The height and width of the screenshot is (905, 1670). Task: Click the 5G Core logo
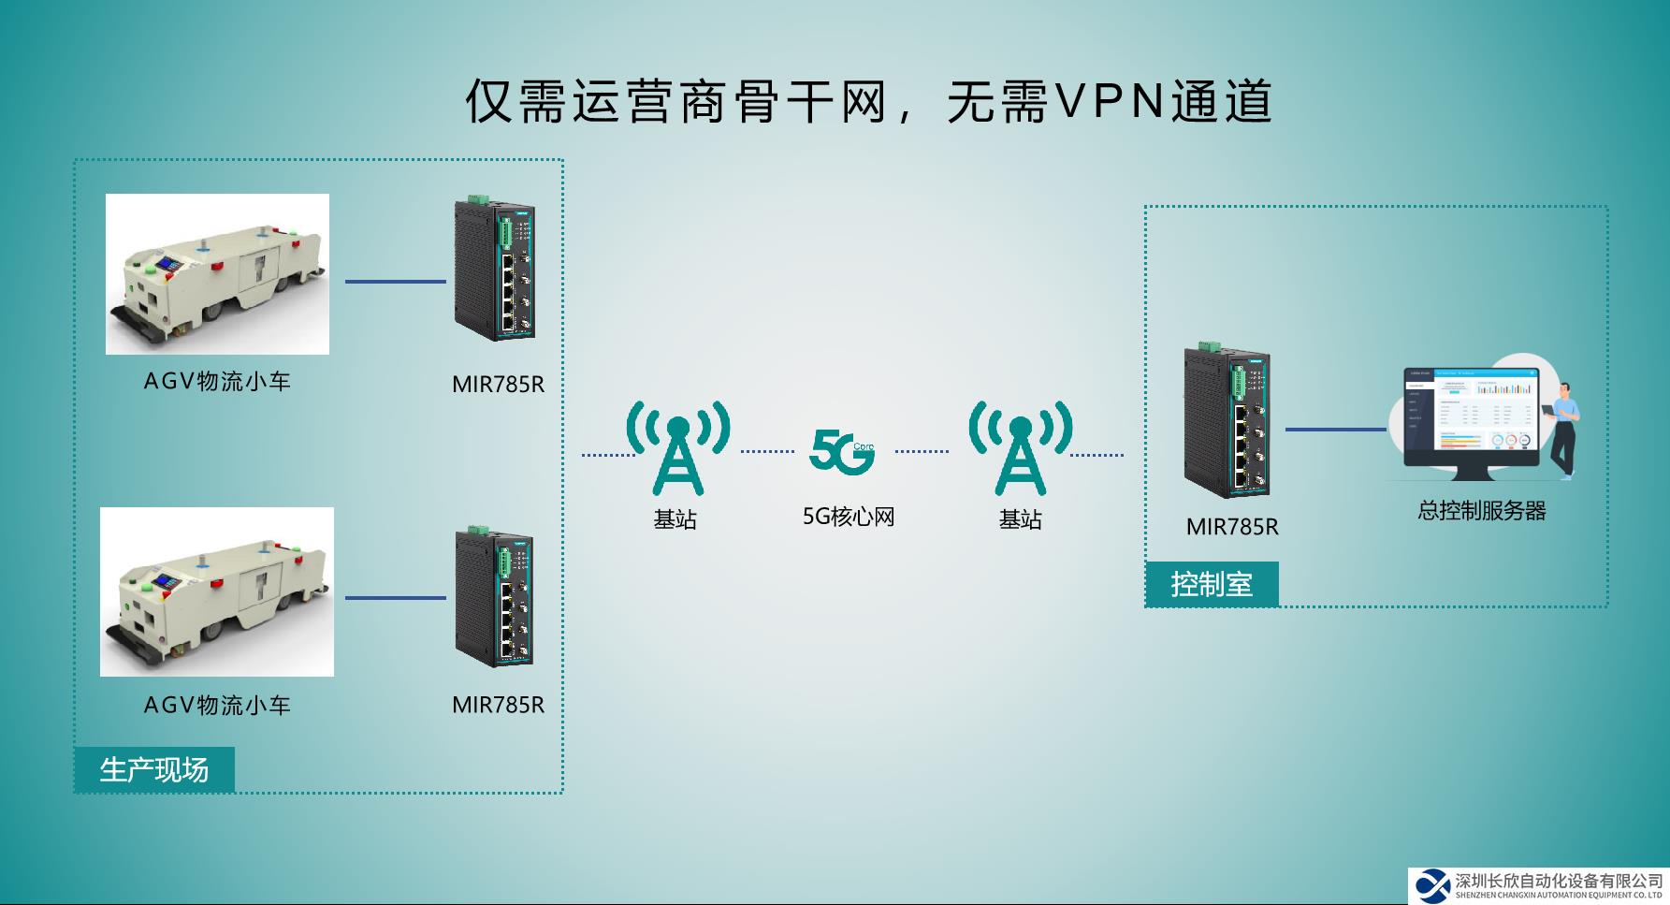tap(841, 451)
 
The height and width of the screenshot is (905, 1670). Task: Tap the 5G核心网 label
tap(849, 517)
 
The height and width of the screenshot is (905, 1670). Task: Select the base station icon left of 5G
tap(678, 448)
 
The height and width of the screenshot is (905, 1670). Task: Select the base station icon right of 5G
tap(1020, 448)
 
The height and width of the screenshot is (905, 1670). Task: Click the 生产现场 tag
tap(154, 769)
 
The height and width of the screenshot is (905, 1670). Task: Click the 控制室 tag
tap(1212, 585)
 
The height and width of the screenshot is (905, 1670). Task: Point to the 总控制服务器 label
tap(1482, 511)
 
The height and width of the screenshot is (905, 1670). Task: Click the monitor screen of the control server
tap(1471, 412)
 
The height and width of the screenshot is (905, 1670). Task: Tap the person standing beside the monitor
tap(1562, 431)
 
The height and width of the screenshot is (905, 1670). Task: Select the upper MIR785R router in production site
tap(494, 269)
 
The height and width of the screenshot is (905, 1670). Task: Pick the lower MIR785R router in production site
tap(494, 596)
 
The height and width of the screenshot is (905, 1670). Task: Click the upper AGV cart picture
tap(217, 274)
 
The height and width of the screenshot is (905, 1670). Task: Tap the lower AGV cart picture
tap(217, 591)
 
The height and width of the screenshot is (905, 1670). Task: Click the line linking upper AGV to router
tap(396, 281)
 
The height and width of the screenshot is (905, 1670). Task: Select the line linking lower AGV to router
tap(396, 597)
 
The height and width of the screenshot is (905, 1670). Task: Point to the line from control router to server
tap(1335, 430)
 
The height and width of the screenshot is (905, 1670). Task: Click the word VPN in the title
tap(1110, 101)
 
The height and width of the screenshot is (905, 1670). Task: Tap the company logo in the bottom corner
tap(1432, 884)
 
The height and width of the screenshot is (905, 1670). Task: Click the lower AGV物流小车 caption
tap(217, 705)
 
